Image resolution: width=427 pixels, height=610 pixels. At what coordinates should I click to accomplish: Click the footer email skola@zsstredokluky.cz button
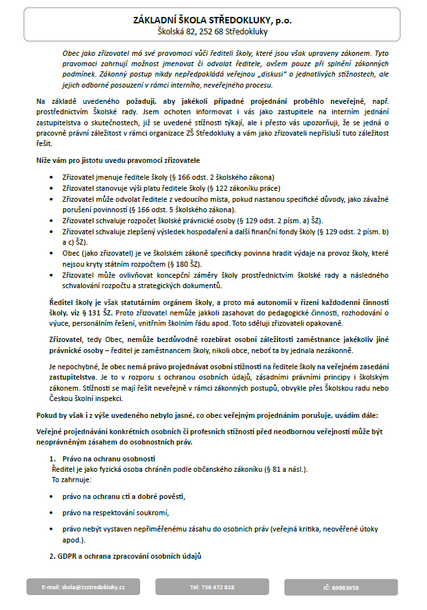pyautogui.click(x=83, y=587)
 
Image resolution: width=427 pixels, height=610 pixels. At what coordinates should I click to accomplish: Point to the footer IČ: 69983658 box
pyautogui.click(x=341, y=587)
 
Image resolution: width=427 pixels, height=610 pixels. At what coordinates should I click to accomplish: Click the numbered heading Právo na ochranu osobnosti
pyautogui.click(x=104, y=458)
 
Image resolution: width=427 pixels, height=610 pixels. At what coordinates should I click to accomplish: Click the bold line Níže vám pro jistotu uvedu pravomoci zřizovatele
pyautogui.click(x=117, y=160)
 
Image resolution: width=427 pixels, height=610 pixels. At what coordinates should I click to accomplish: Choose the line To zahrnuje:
pyautogui.click(x=71, y=480)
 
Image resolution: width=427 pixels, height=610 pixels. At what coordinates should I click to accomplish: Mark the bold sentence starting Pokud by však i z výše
pyautogui.click(x=194, y=414)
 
